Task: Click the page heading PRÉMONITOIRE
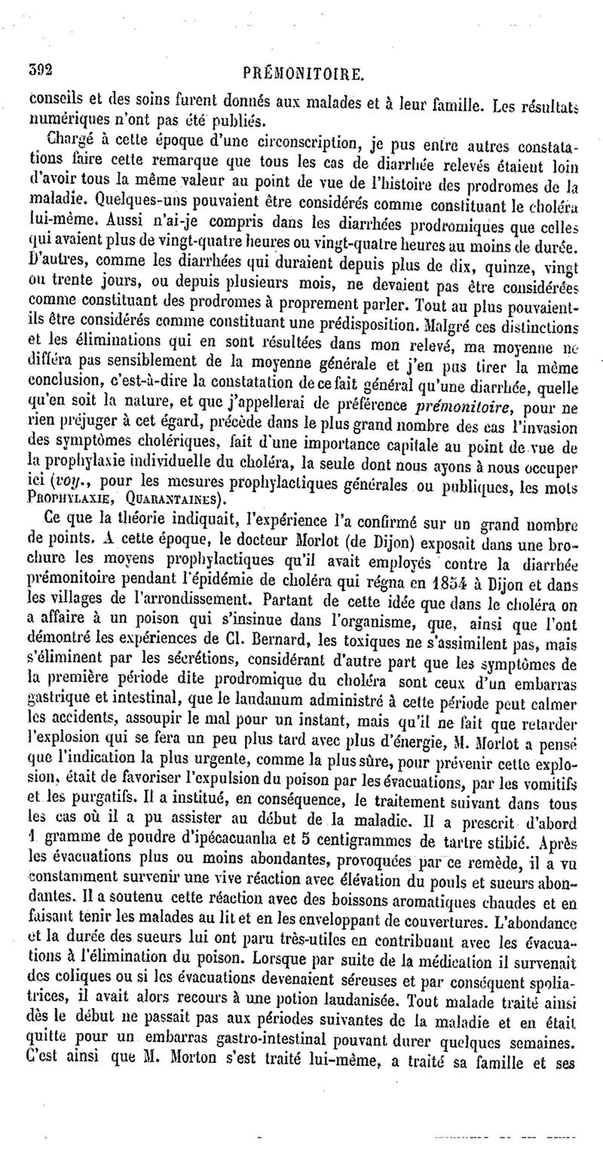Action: click(305, 74)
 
